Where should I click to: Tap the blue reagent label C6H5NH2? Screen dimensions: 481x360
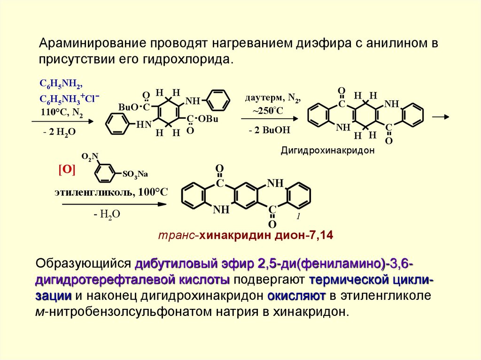61,84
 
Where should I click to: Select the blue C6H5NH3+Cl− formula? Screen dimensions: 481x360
69,99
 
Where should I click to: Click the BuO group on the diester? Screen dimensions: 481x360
128,107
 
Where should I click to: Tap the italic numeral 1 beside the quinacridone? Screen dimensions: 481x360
298,217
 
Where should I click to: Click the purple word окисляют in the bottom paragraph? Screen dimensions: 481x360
296,296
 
